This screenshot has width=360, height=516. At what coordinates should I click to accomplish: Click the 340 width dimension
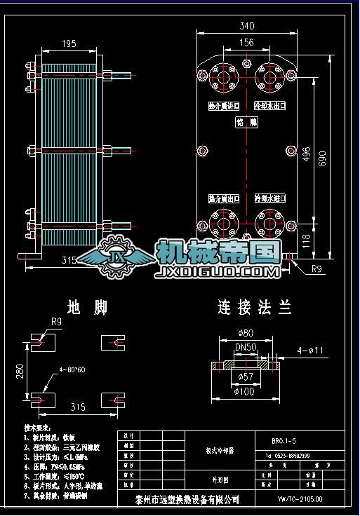[246, 26]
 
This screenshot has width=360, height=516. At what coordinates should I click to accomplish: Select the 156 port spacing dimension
[246, 43]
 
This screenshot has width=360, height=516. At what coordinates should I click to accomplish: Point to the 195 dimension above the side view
[69, 44]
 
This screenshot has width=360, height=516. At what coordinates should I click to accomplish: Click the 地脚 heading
[82, 307]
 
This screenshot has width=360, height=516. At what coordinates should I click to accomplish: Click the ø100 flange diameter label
[244, 391]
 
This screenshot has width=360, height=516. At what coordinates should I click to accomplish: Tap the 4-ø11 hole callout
[309, 349]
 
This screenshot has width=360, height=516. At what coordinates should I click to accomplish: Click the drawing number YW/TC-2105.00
[300, 499]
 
